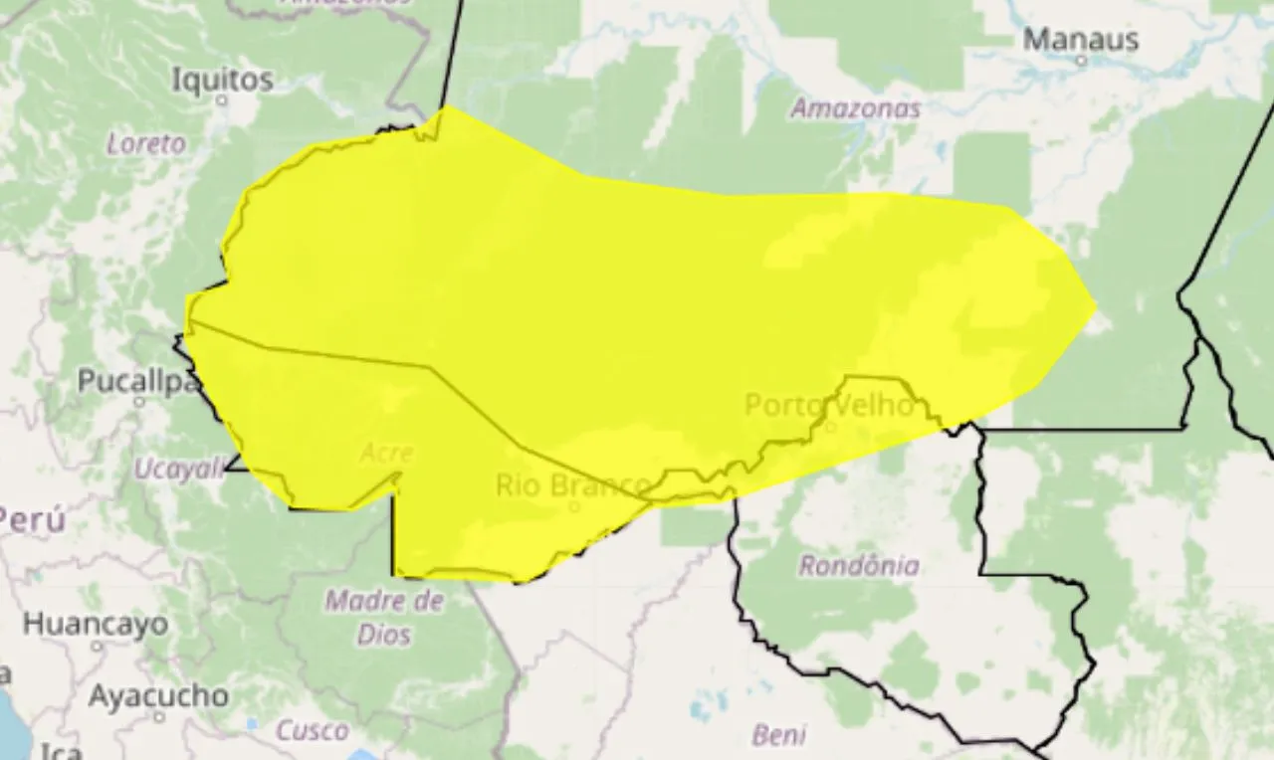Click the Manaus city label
[x=1080, y=40]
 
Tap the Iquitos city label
[x=222, y=80]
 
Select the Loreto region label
[x=146, y=143]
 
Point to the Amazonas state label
[x=855, y=109]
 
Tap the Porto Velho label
[x=828, y=405]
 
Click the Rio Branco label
[x=573, y=485]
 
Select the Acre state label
[x=386, y=454]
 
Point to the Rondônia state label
[x=859, y=566]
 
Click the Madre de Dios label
[x=384, y=617]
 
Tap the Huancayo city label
[x=96, y=625]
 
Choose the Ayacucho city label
[x=157, y=695]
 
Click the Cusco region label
[x=313, y=731]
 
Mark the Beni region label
[x=778, y=735]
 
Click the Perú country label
[x=32, y=519]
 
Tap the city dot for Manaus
[x=1081, y=60]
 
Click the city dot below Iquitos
[x=222, y=99]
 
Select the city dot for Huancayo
[x=97, y=646]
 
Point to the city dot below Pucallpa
[x=139, y=402]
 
